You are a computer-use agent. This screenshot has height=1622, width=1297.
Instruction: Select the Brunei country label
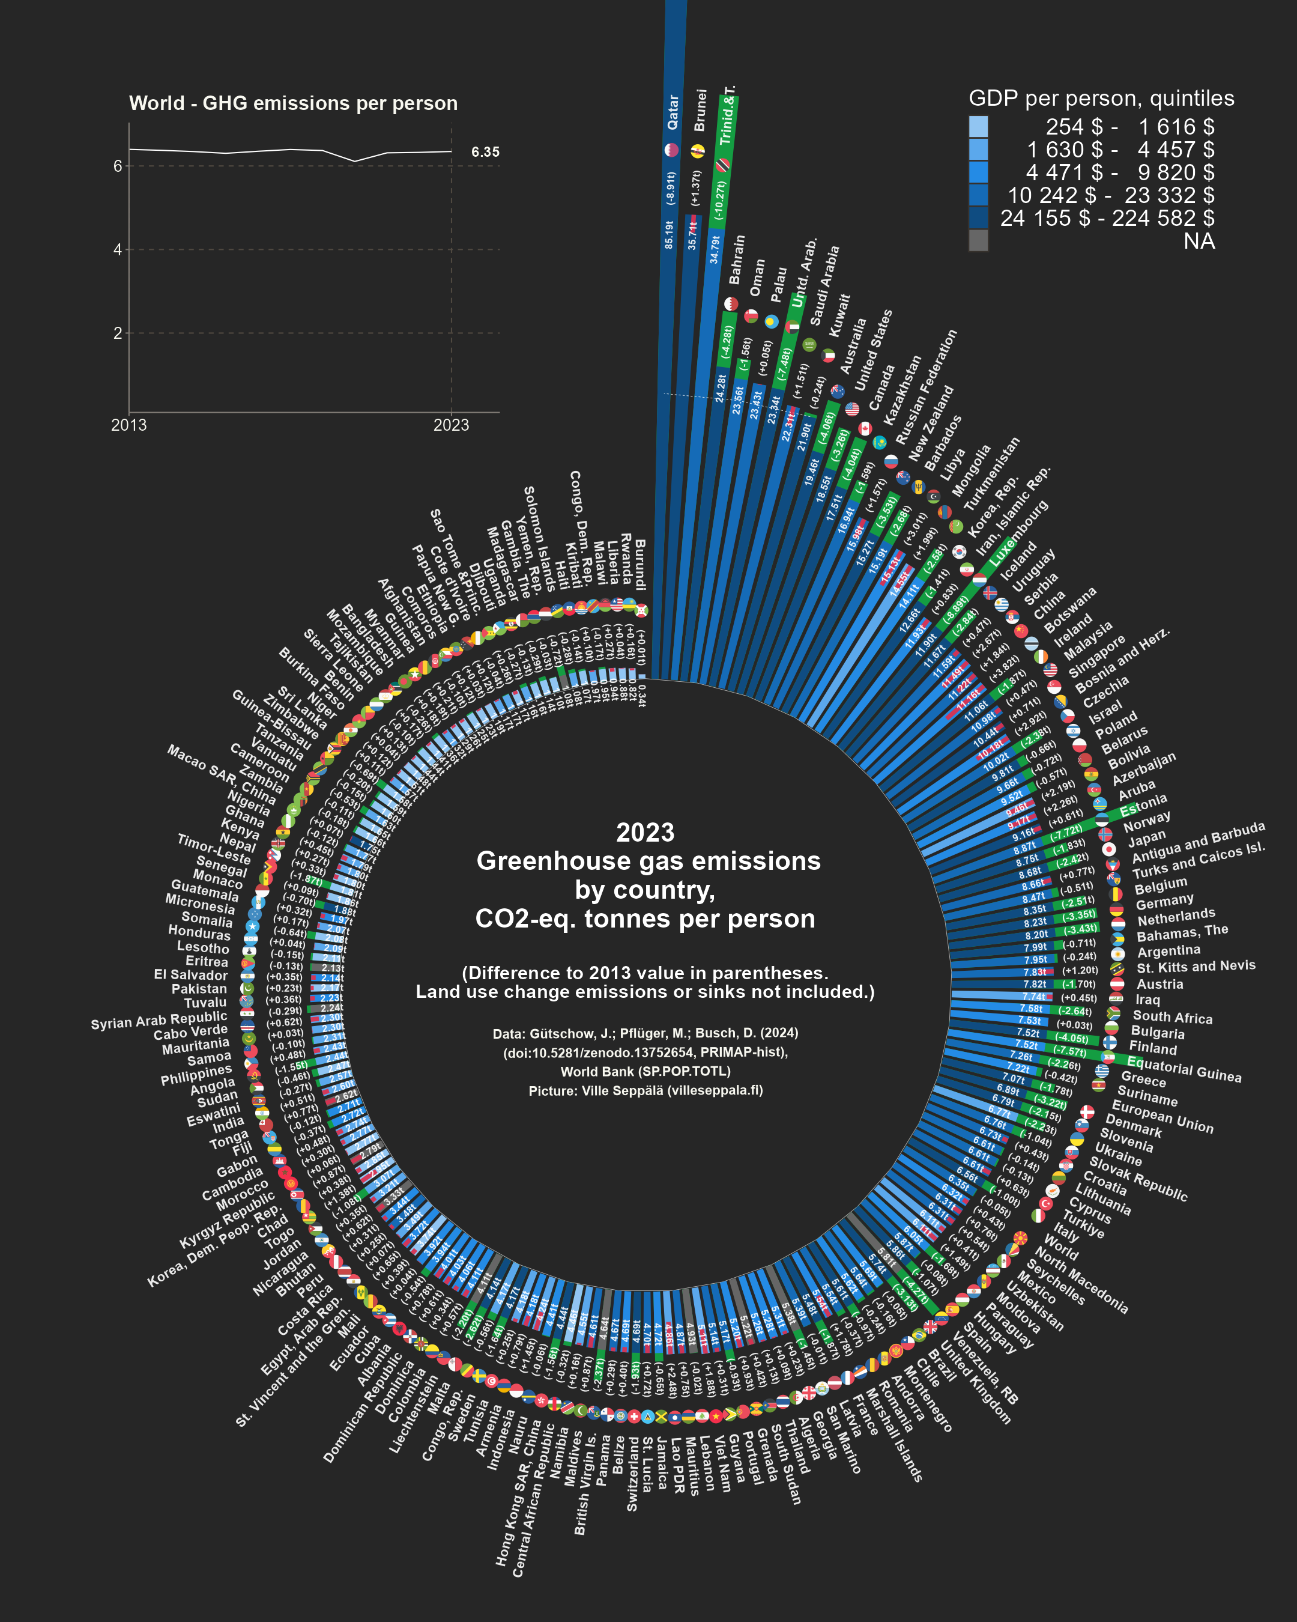click(x=701, y=110)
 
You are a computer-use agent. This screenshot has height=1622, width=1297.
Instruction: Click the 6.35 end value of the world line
click(x=485, y=152)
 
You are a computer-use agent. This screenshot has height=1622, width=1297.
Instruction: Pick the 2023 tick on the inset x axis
click(x=450, y=425)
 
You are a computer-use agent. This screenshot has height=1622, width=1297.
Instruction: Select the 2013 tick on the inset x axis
click(x=128, y=425)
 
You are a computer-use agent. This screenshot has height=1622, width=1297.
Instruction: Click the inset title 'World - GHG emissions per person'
click(x=293, y=103)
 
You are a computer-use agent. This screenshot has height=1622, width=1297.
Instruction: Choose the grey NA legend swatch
click(x=978, y=241)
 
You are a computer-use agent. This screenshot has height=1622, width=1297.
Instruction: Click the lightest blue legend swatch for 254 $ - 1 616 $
click(x=978, y=126)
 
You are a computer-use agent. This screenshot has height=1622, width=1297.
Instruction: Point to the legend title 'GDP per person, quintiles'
click(x=1101, y=99)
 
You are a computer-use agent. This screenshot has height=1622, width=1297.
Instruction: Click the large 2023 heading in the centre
click(x=645, y=833)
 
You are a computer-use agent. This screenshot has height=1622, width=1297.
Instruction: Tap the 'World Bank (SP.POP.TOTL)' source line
click(x=645, y=1071)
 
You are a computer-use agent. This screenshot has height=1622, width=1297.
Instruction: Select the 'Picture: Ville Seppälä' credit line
click(x=645, y=1091)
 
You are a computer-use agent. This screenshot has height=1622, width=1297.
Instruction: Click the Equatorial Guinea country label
click(x=1184, y=1069)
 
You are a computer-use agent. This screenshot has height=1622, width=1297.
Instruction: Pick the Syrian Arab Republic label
click(x=159, y=1019)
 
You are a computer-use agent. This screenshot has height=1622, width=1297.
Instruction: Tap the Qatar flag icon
click(x=671, y=150)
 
